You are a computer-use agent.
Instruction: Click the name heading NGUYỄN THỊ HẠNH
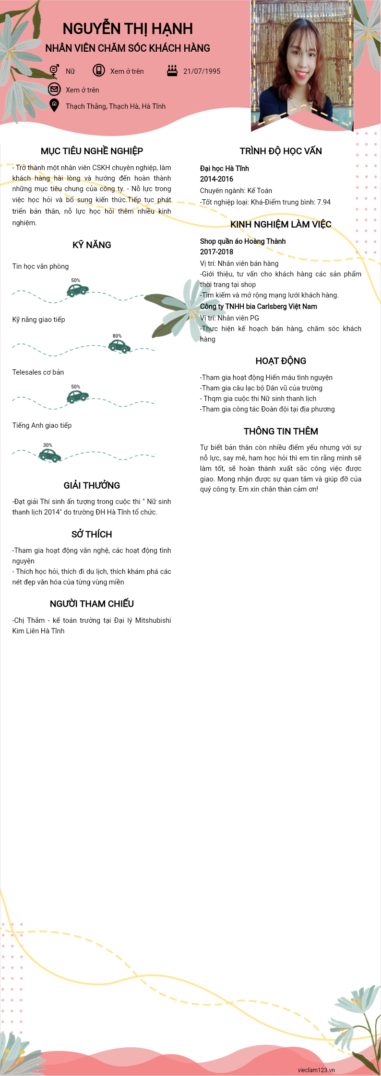pos(128,29)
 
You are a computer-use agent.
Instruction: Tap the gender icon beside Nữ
pos(54,70)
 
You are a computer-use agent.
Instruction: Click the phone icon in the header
pos(99,70)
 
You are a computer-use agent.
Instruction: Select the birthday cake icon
pos(172,70)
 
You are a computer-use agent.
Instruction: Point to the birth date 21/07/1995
pos(202,71)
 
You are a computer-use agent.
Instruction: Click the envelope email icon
pos(54,89)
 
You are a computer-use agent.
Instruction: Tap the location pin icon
pos(54,105)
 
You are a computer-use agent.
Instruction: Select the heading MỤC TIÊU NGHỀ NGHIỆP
pos(92,151)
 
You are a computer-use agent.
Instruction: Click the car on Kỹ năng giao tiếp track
pos(119,346)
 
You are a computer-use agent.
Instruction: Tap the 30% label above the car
pos(48,445)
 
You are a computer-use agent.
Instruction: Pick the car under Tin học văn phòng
pos(77,290)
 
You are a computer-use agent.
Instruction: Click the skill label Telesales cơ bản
pos(38,372)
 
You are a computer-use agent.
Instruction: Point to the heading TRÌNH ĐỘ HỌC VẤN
pos(281,151)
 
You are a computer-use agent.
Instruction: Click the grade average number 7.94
pos(324,202)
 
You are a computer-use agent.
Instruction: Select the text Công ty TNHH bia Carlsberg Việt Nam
pos(258,307)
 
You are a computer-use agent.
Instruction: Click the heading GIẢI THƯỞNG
pos(92,485)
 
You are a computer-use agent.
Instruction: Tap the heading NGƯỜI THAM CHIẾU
pos(92,604)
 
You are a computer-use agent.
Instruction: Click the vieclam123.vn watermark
pos(316,1070)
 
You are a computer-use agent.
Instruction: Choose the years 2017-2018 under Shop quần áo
pos(216,252)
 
